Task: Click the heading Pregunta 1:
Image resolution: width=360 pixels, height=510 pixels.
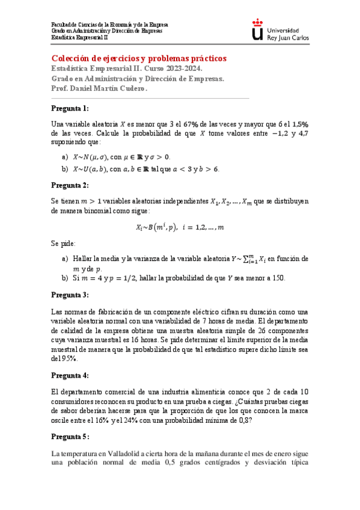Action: [x=70, y=108]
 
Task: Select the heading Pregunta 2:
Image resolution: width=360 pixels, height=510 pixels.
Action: [x=70, y=185]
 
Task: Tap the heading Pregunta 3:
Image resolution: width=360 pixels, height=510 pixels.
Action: [x=70, y=295]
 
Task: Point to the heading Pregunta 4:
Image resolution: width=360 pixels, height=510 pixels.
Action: [x=70, y=375]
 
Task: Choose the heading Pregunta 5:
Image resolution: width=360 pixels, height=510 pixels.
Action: [x=70, y=437]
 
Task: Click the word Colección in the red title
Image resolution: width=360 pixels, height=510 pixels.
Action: [x=72, y=58]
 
